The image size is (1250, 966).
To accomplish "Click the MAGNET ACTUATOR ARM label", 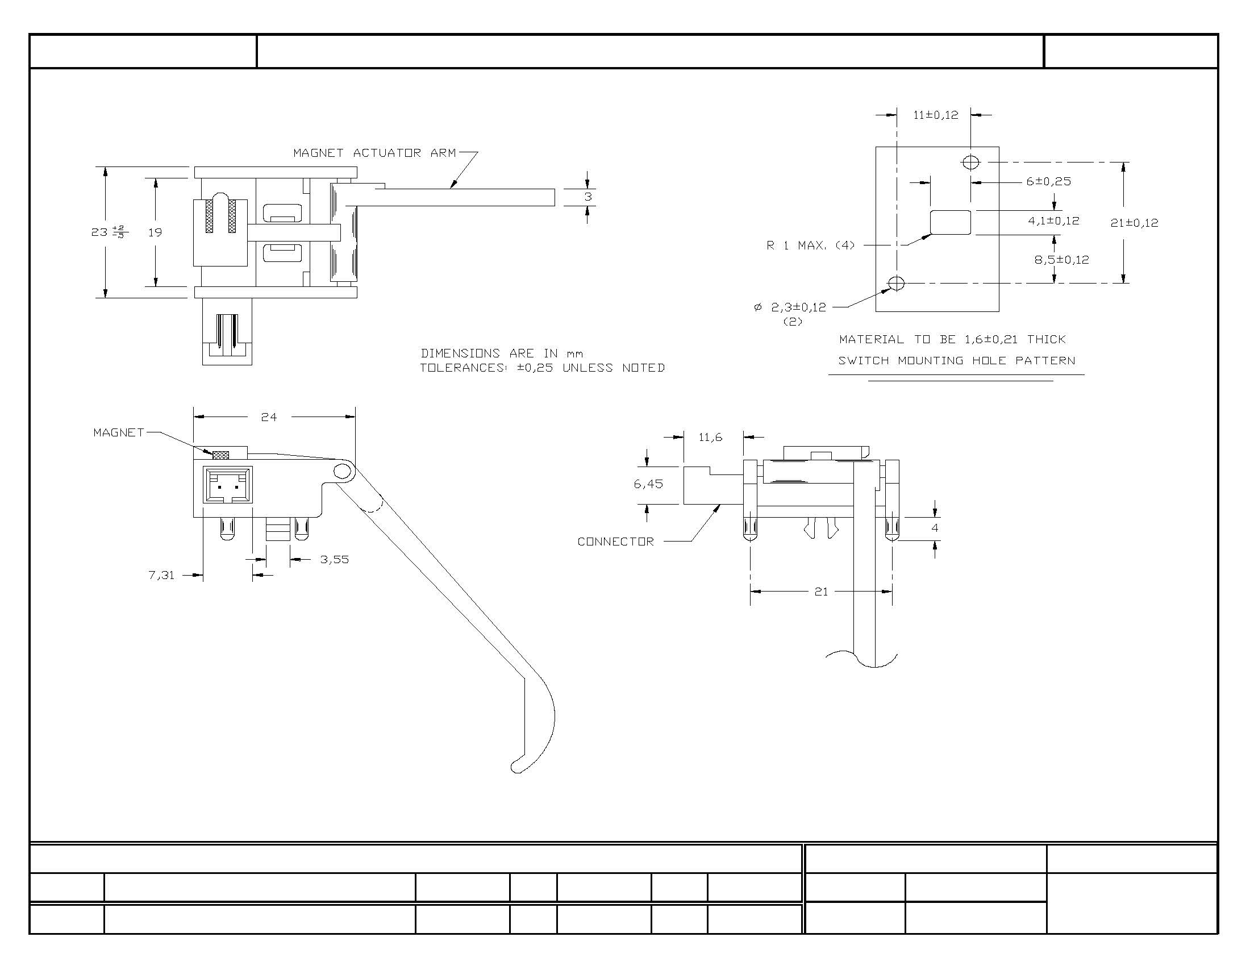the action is point(374,153).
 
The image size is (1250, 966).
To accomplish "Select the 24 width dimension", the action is point(268,417).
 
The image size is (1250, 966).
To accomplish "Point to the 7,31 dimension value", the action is point(161,575).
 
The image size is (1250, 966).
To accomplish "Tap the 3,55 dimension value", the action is point(334,559).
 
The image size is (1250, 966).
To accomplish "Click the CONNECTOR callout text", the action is point(615,542).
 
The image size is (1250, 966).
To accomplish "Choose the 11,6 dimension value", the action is point(710,437).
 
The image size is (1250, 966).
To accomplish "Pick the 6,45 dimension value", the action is point(648,484).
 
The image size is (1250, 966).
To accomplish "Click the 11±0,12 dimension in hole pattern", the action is point(935,115).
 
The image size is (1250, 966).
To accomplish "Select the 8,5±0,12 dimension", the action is point(1062,260).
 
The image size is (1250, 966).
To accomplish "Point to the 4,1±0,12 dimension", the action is point(1053,220).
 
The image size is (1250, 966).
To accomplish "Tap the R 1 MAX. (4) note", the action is point(810,245).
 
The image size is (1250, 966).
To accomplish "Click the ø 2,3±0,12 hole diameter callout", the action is point(790,307).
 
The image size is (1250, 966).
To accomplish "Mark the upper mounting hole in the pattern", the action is point(970,163).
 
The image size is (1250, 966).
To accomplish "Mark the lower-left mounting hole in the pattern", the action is point(896,283).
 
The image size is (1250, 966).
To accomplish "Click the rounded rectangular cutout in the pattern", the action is point(951,222).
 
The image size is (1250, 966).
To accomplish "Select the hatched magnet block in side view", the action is point(220,455).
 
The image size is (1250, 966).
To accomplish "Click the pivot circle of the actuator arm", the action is point(342,472).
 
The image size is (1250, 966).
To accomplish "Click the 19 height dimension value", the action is point(155,232).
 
